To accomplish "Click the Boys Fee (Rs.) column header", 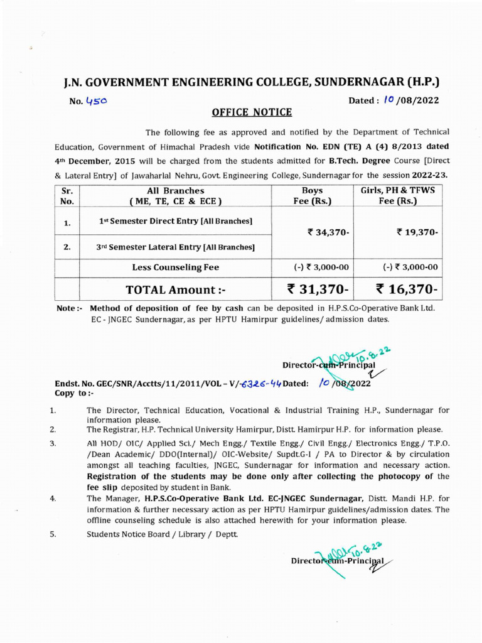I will [x=312, y=196].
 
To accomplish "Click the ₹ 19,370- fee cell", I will [x=417, y=232].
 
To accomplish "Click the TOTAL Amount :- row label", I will [x=175, y=289].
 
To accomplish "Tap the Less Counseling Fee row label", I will [x=175, y=267].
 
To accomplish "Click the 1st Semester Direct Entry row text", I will [x=176, y=221].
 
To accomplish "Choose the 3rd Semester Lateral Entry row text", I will [x=176, y=247].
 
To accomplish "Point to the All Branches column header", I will [x=175, y=196].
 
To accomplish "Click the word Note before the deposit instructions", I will [x=67, y=309].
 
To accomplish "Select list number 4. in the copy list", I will [x=53, y=498].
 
